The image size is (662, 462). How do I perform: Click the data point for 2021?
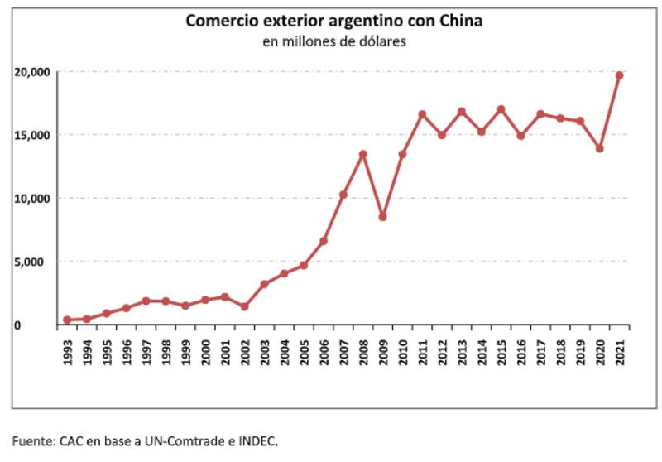619,75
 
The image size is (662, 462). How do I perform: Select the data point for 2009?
382,217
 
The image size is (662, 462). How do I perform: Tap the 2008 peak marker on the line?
362,154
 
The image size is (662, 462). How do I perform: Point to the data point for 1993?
67,320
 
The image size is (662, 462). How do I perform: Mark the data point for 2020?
599,149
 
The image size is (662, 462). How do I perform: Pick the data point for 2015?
501,109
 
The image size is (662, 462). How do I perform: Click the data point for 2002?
244,306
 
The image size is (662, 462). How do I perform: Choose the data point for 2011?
422,114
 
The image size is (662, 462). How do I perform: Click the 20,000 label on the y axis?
32,72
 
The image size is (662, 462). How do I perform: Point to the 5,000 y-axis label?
36,262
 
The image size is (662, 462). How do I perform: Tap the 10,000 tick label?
32,199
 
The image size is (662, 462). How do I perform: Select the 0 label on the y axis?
47,325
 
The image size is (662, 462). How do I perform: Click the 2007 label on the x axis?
343,345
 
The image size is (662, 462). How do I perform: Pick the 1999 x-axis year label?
185,345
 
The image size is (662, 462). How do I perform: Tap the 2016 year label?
520,345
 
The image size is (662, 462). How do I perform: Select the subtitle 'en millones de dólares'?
333,41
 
